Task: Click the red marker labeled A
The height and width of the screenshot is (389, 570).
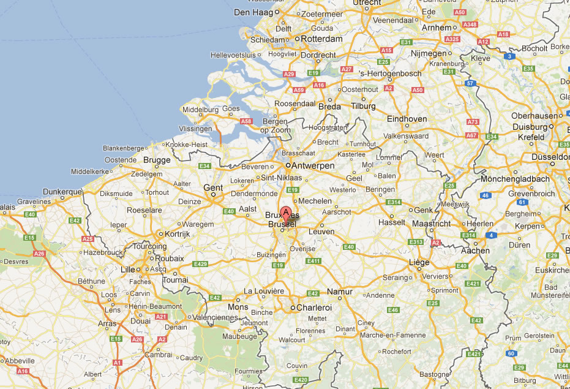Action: [285, 215]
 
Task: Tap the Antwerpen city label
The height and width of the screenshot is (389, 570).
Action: [313, 166]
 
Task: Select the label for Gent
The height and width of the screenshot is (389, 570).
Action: [213, 188]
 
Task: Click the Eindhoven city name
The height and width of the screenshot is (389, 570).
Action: [407, 119]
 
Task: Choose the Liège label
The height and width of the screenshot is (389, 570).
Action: [419, 263]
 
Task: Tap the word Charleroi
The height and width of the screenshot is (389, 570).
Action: [314, 308]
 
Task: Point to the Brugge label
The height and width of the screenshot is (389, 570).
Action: [157, 160]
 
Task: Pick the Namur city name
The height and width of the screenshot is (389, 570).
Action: [340, 292]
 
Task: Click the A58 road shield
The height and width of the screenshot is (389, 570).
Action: [246, 121]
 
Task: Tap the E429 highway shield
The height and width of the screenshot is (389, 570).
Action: [200, 264]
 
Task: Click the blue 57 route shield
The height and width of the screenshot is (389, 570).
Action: [470, 83]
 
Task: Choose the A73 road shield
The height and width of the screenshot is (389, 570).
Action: [472, 122]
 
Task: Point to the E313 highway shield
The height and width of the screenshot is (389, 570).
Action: [416, 242]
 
